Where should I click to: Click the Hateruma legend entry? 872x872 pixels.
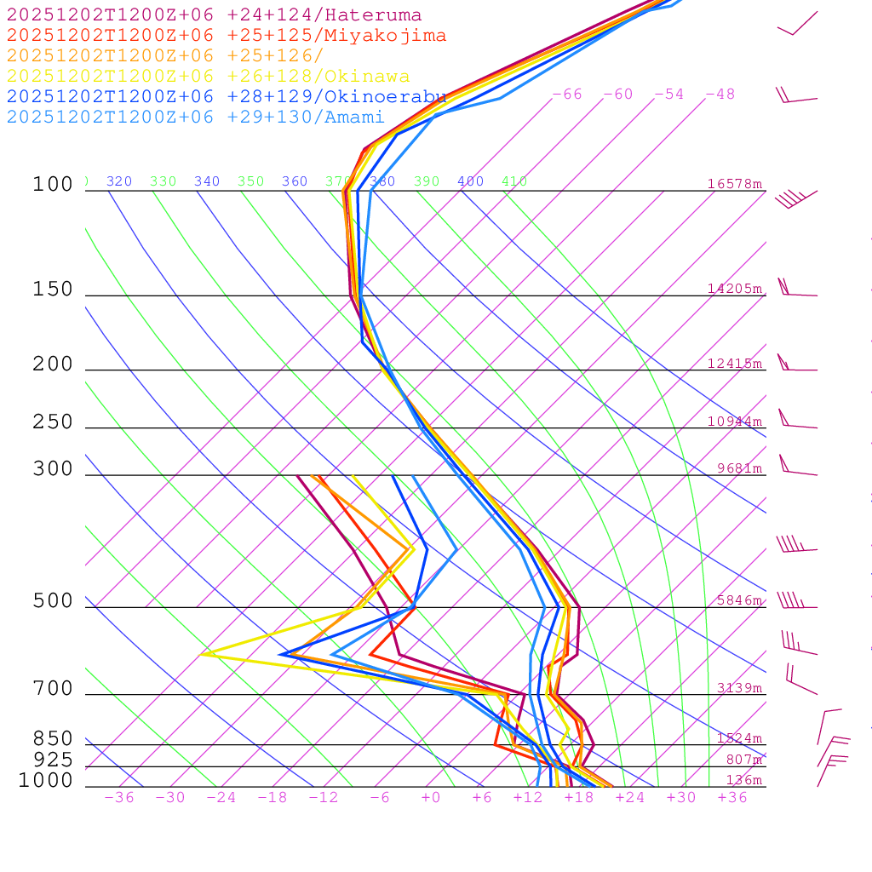click(214, 15)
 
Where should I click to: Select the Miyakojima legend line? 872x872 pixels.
click(226, 36)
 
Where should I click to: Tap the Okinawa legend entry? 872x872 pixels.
click(208, 77)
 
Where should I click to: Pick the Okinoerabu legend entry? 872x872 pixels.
click(226, 97)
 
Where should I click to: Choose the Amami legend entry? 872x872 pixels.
click(195, 118)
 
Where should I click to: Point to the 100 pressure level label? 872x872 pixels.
click(53, 185)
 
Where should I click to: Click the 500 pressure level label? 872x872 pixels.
click(53, 602)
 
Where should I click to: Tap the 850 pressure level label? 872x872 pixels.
click(53, 739)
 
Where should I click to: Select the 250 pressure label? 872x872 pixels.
click(53, 422)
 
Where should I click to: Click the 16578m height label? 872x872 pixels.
click(734, 184)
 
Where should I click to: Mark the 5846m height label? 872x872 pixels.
click(738, 600)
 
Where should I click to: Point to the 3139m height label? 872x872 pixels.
click(738, 688)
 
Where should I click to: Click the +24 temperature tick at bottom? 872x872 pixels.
click(631, 797)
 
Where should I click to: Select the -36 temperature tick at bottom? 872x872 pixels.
click(118, 797)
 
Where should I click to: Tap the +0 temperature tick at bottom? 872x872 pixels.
click(431, 797)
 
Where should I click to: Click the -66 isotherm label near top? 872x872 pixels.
click(566, 95)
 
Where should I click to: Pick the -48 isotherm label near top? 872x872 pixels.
click(720, 95)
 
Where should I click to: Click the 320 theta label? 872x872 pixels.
click(119, 181)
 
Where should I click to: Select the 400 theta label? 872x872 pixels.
click(470, 181)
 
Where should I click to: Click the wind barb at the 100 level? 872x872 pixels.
click(795, 198)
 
